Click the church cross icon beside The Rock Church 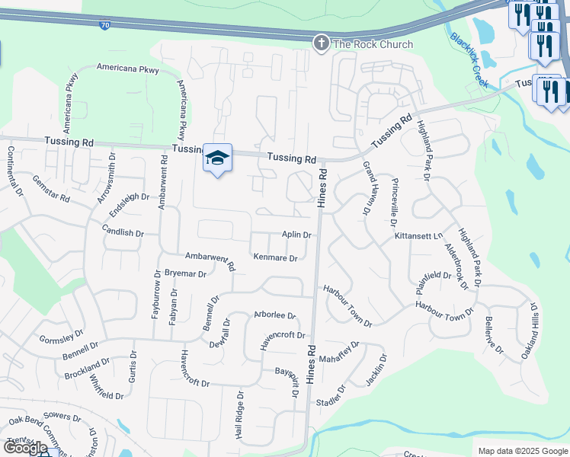(x=322, y=43)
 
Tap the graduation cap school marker (x=217, y=158)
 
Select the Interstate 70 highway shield (x=104, y=25)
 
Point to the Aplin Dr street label (x=296, y=235)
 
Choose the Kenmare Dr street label (x=274, y=258)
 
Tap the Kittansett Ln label (x=418, y=236)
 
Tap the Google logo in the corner (x=25, y=448)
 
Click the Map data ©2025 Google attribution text (x=522, y=451)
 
